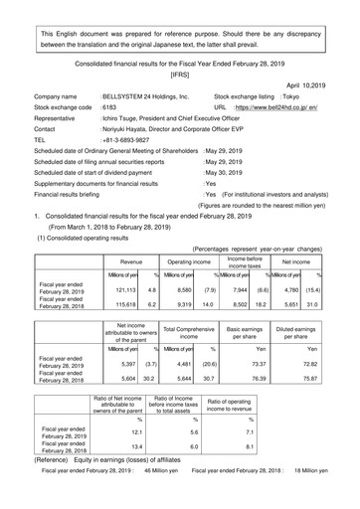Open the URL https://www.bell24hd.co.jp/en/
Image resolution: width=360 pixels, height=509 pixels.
click(289, 115)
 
